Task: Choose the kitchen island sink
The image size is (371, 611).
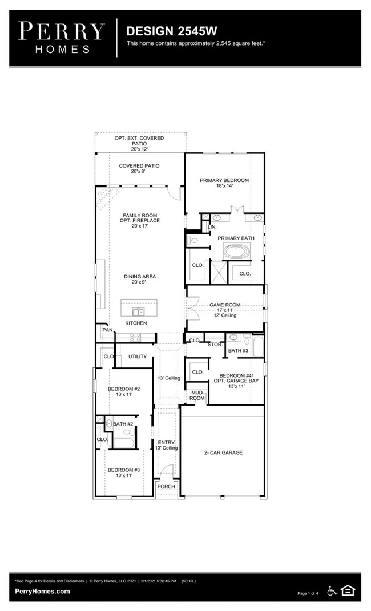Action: point(138,311)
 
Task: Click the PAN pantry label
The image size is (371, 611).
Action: point(107,330)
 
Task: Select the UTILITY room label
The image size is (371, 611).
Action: point(137,357)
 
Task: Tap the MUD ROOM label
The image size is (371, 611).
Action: point(197,396)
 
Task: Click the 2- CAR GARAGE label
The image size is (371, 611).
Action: point(223,452)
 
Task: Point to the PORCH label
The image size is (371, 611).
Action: point(166,487)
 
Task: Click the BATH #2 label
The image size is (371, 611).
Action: point(123,424)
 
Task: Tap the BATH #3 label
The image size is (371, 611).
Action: point(237,350)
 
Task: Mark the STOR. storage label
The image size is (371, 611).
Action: point(215,345)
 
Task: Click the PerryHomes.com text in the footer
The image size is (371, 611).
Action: point(42,592)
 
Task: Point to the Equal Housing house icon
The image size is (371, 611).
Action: point(347,590)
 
